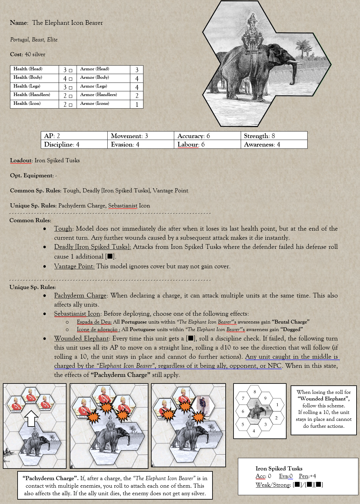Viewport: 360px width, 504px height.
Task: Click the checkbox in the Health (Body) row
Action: [x=71, y=79]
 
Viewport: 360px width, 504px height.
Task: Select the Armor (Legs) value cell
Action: [x=137, y=87]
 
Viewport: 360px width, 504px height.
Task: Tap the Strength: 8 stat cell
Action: [x=274, y=136]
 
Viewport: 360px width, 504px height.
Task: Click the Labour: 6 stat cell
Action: [x=207, y=144]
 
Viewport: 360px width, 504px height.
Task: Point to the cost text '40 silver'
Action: [x=35, y=54]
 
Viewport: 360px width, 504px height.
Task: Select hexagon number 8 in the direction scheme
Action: [x=255, y=392]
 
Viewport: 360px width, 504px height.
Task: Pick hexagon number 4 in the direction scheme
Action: [x=254, y=431]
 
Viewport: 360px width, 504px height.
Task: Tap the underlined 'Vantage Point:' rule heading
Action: [x=74, y=266]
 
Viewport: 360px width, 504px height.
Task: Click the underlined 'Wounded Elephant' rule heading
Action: [x=81, y=338]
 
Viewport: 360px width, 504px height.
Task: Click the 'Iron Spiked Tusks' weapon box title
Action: [x=279, y=468]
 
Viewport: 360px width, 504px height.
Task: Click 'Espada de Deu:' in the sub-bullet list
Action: [x=94, y=322]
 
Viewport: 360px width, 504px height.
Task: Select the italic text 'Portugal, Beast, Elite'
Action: [x=34, y=40]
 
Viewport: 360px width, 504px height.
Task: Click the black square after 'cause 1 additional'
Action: [x=110, y=256]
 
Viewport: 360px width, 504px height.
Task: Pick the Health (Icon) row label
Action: [x=27, y=103]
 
